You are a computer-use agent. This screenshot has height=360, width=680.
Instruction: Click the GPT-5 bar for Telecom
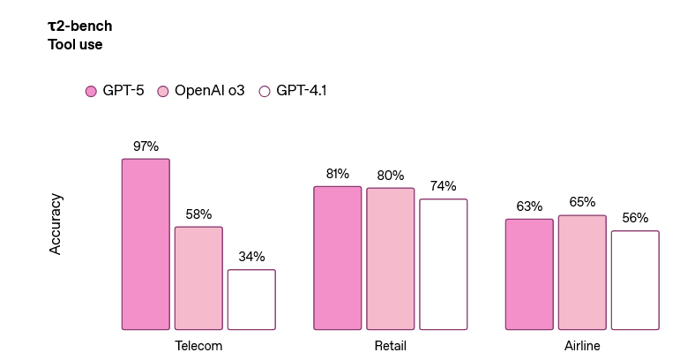click(146, 244)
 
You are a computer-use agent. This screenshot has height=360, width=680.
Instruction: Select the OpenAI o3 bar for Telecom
click(198, 278)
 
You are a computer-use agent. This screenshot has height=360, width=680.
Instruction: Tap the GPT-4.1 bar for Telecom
click(251, 299)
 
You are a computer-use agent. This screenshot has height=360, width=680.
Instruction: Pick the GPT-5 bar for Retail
click(338, 258)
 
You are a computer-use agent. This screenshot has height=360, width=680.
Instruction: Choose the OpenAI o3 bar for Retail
click(391, 259)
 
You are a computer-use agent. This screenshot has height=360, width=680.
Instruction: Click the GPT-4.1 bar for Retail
click(444, 264)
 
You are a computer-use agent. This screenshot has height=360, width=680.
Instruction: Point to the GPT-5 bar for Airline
click(529, 274)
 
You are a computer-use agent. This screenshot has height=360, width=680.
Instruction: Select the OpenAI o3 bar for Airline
click(582, 273)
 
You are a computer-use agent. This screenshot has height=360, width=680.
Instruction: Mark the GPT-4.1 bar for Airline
click(635, 281)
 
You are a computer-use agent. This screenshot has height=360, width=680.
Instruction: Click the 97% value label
click(146, 146)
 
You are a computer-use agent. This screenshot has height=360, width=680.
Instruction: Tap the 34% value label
click(251, 257)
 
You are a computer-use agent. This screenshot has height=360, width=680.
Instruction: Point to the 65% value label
click(582, 202)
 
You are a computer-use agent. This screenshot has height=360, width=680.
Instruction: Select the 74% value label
click(444, 186)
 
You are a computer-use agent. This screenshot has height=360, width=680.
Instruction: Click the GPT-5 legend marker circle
click(91, 91)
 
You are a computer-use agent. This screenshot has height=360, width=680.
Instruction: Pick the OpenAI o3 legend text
click(209, 91)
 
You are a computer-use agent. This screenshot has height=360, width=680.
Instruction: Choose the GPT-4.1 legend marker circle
click(264, 91)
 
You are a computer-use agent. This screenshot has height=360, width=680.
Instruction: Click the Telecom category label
click(198, 346)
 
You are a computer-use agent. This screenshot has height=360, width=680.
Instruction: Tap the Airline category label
click(582, 346)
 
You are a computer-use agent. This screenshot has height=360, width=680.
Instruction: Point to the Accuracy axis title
click(56, 224)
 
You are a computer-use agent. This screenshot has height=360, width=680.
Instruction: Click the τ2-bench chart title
click(79, 26)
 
